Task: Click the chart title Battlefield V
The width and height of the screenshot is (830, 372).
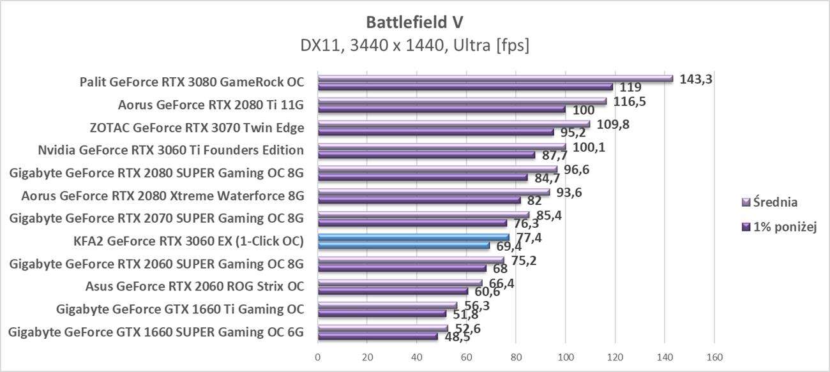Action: (414, 22)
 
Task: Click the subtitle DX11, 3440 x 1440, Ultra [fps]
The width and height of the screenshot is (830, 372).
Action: (414, 45)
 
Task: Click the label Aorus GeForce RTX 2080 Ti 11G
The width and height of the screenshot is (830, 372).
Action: (211, 105)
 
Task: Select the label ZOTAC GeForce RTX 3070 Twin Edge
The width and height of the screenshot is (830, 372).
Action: (197, 128)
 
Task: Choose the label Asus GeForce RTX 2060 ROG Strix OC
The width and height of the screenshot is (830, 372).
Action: (195, 286)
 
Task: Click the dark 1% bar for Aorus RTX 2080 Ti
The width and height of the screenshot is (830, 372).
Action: (441, 109)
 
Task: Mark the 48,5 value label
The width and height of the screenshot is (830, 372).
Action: (456, 337)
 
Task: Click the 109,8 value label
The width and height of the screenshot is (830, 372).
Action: (613, 124)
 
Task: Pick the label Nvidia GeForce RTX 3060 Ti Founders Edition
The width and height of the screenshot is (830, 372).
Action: (170, 151)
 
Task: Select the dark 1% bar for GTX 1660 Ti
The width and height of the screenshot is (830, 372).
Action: (382, 313)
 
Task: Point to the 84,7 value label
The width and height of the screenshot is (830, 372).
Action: (547, 178)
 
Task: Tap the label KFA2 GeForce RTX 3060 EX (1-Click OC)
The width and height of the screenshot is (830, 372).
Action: (188, 241)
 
